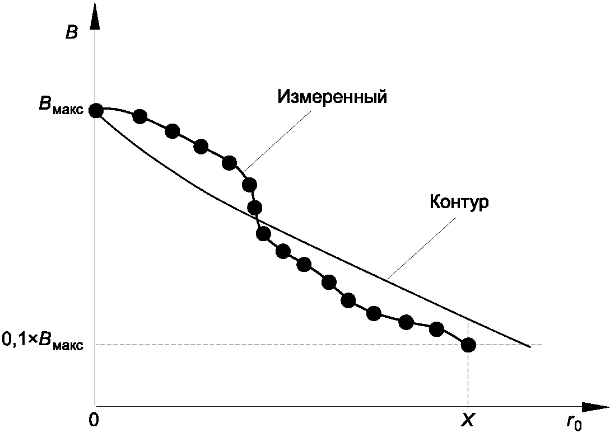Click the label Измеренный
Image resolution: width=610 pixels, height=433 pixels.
[333, 96]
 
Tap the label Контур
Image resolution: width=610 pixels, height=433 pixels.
[459, 202]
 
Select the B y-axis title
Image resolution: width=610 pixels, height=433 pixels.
[72, 33]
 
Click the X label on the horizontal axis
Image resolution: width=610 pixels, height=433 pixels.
[467, 420]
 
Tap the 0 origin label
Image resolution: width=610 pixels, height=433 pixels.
[94, 420]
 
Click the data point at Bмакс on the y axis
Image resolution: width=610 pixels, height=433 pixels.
[96, 110]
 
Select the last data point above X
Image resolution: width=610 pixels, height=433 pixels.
[468, 345]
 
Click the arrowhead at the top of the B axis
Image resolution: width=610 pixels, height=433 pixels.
[95, 16]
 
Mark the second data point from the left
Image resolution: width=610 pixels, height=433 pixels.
[140, 116]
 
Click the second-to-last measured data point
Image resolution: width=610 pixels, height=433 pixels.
[436, 330]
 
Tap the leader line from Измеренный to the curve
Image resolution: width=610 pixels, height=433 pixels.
[277, 142]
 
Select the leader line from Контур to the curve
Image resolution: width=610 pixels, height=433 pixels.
[422, 248]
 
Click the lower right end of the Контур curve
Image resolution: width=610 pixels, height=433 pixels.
[530, 347]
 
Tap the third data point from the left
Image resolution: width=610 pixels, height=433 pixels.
[173, 131]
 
